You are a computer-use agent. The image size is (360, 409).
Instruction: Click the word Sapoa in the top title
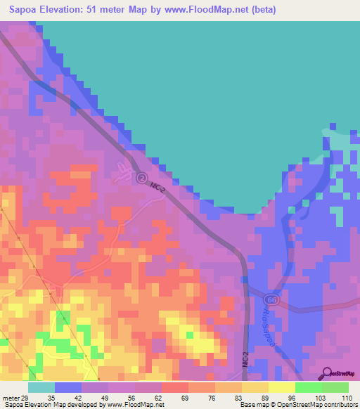[x=24, y=10]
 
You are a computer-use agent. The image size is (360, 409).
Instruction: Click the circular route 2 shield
[x=141, y=178]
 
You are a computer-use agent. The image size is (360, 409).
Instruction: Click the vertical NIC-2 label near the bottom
[x=245, y=354]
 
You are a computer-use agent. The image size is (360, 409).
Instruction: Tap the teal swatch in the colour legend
[x=41, y=387]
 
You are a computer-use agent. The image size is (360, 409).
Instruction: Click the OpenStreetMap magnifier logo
[x=326, y=373]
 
